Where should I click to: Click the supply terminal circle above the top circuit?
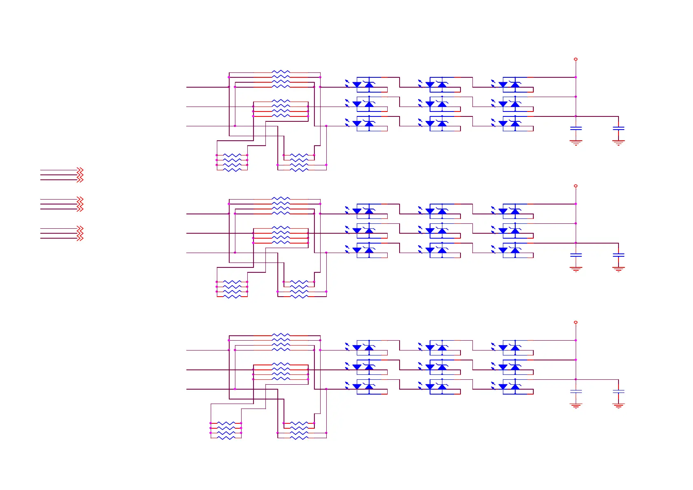click(x=575, y=59)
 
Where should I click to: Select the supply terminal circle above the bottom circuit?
click(x=575, y=322)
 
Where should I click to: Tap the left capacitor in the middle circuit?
click(x=576, y=255)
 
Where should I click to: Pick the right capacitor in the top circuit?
click(x=618, y=128)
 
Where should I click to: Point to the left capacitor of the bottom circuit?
click(x=576, y=391)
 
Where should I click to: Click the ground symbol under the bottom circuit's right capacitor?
click(x=618, y=406)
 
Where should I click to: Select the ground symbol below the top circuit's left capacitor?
click(x=576, y=142)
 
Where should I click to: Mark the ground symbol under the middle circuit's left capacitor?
click(x=576, y=269)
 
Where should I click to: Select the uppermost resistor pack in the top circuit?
click(x=281, y=79)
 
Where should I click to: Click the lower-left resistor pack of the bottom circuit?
click(x=226, y=430)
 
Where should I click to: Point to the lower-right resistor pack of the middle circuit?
click(x=299, y=289)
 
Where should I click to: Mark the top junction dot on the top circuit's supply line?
click(x=575, y=77)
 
